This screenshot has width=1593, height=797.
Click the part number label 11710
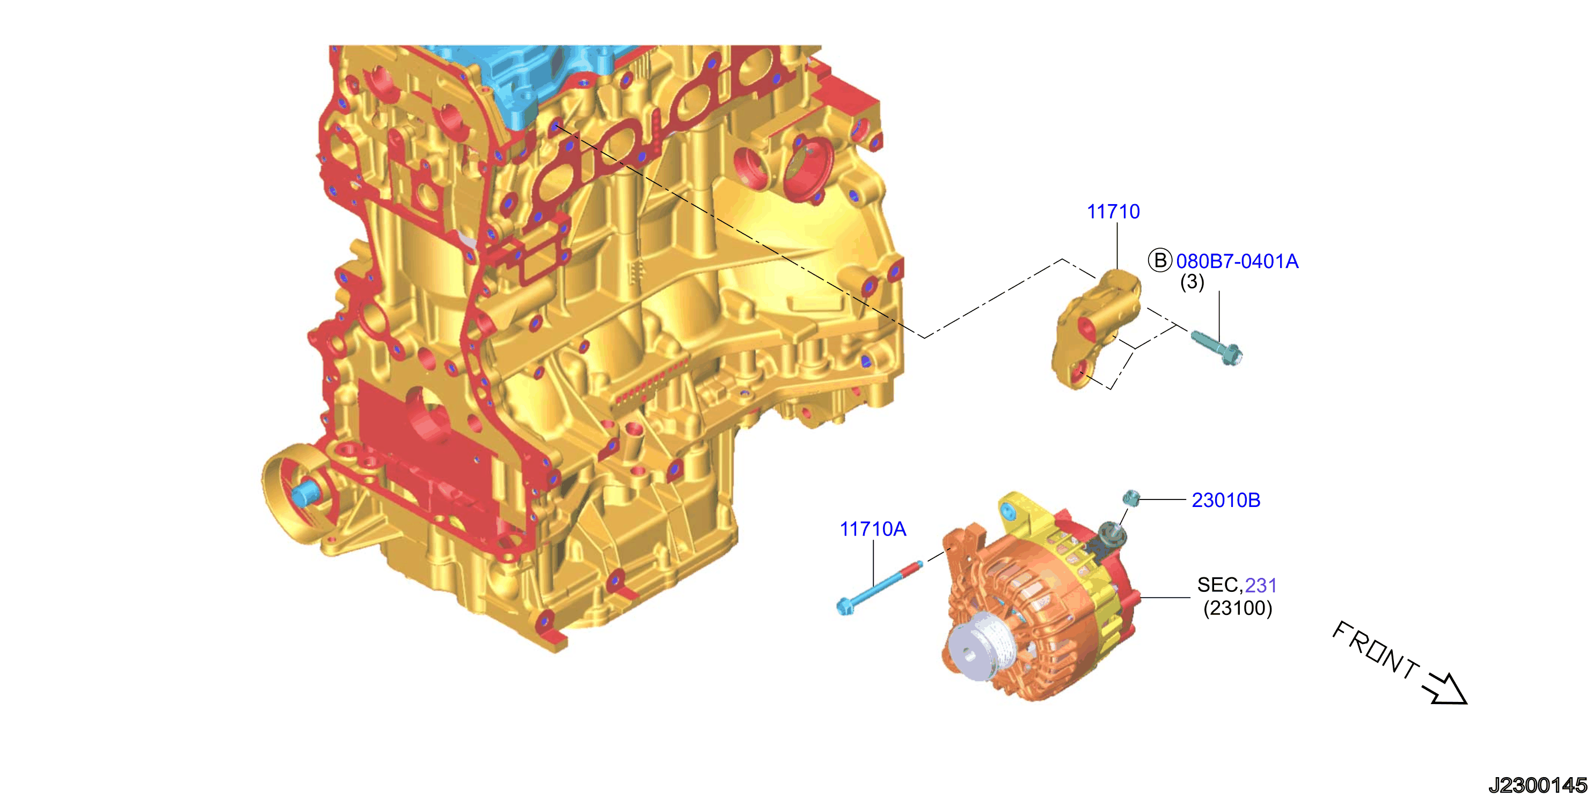pos(1113,212)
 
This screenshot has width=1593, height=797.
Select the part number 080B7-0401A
pos(1237,261)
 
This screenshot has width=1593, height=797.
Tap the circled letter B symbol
pos(1160,260)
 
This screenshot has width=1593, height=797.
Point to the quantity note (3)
pos(1192,282)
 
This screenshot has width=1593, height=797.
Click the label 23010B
pos(1226,500)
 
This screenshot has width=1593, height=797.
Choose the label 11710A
pos(873,529)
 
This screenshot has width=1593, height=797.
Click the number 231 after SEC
pos(1261,585)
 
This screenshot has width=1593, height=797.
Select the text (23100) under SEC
pos(1238,608)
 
